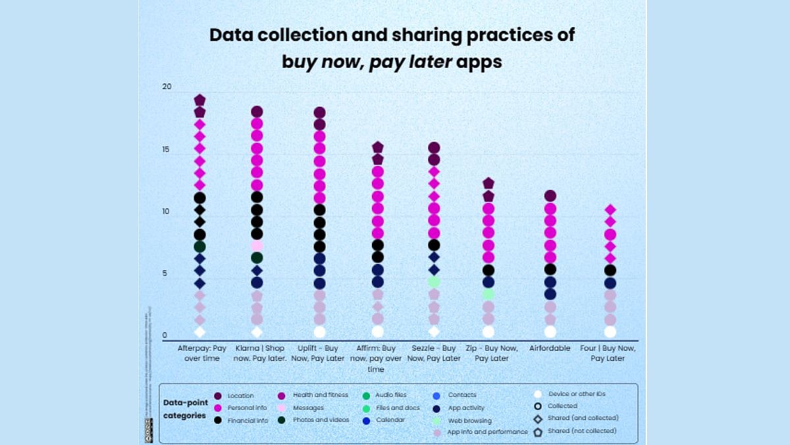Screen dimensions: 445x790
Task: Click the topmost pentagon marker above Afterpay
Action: tap(199, 100)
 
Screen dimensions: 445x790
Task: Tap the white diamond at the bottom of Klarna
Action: tap(257, 332)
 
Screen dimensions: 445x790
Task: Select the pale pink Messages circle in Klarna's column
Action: tap(257, 245)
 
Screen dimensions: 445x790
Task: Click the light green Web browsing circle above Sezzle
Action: tap(434, 282)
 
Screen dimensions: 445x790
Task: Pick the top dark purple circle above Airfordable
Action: tap(550, 196)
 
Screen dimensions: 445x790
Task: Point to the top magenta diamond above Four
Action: tap(610, 210)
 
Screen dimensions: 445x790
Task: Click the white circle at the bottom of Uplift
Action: tap(319, 332)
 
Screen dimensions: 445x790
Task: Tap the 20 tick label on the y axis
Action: tap(167, 87)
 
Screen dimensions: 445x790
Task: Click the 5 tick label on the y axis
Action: tap(165, 274)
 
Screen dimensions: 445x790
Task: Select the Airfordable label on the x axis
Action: tap(550, 348)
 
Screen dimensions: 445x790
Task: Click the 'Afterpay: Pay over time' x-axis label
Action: tap(202, 353)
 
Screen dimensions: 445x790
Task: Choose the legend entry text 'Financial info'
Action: tap(248, 420)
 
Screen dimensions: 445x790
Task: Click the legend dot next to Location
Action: tap(217, 396)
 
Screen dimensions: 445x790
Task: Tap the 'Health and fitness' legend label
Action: tap(320, 395)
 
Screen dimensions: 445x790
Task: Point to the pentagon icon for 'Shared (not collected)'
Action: tap(538, 432)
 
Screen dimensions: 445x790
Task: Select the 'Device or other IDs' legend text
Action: tap(577, 394)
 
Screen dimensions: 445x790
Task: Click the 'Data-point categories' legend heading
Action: tap(185, 409)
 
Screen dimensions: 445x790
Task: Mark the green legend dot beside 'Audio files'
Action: tap(366, 396)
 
